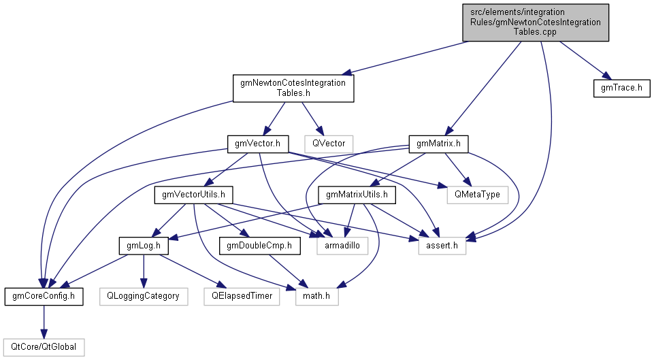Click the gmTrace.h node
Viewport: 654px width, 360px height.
click(x=621, y=88)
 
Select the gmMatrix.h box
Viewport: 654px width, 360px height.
click(x=438, y=144)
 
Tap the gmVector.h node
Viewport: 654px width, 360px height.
click(x=257, y=144)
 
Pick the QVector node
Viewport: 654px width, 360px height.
click(x=329, y=144)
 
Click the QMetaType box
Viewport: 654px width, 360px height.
click(x=477, y=195)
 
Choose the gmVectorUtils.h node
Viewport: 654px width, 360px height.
click(x=193, y=195)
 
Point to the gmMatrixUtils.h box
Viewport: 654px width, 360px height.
click(x=357, y=195)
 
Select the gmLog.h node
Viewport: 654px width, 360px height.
click(x=144, y=246)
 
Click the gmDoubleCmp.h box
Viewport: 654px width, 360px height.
click(x=259, y=246)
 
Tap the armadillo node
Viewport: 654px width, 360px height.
click(x=342, y=246)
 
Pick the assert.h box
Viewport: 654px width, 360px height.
click(x=442, y=246)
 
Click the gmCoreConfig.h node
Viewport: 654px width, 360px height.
click(x=44, y=296)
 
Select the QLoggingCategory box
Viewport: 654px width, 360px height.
click(x=144, y=296)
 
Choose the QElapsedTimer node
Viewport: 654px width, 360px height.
click(x=242, y=296)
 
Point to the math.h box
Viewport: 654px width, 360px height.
click(x=316, y=296)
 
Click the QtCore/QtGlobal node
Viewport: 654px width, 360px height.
click(x=44, y=347)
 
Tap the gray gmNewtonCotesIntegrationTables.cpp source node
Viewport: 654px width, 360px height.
click(x=536, y=22)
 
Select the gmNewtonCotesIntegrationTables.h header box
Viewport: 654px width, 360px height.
click(x=293, y=88)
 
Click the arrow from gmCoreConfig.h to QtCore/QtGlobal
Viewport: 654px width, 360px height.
click(x=44, y=322)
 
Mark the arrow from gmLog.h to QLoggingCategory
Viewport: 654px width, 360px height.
click(x=144, y=271)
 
